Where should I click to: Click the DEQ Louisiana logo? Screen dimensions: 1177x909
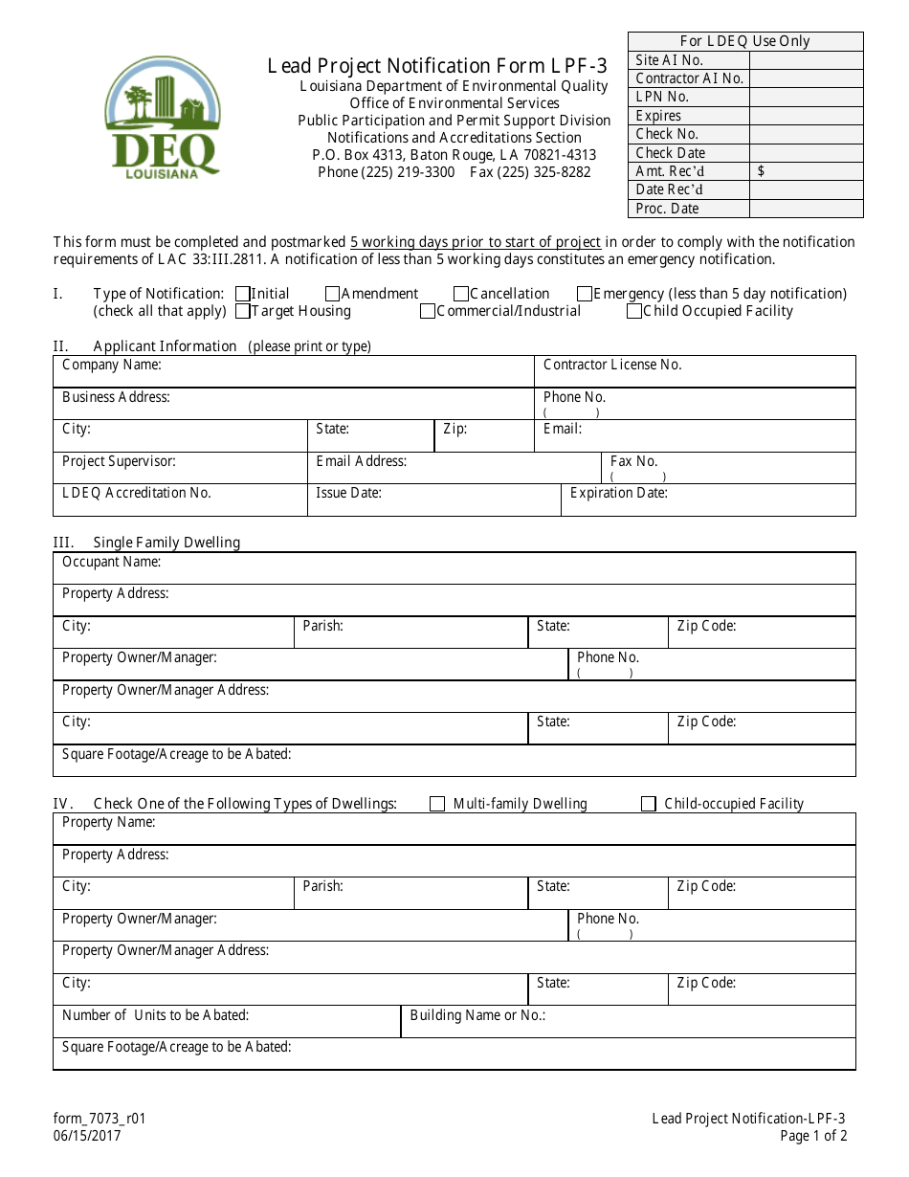coord(163,118)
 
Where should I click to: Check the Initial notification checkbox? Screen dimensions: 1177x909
coord(242,294)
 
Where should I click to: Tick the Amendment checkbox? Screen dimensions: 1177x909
coord(333,294)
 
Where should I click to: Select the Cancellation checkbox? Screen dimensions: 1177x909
coord(461,294)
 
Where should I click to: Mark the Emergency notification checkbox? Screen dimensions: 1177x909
coord(585,294)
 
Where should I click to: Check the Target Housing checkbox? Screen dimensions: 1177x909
coord(242,311)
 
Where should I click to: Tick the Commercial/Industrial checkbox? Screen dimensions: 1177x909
coord(428,311)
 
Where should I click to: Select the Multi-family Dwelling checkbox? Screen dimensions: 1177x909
coord(437,804)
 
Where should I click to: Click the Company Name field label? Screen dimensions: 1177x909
coord(111,365)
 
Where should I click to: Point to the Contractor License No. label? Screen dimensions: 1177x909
coord(612,365)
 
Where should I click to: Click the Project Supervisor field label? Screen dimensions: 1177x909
coord(119,461)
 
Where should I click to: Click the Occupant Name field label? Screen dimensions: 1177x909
coord(111,562)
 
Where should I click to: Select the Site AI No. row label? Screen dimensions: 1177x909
coord(669,60)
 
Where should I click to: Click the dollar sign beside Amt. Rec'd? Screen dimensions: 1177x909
coord(761,171)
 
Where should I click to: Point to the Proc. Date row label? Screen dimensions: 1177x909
coord(667,209)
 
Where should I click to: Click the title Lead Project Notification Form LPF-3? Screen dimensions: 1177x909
coord(437,66)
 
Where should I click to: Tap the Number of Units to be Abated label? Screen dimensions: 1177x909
coord(155,1015)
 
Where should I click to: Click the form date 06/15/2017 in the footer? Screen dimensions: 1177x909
coord(87,1136)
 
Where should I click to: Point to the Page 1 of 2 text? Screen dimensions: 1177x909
coord(813,1136)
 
